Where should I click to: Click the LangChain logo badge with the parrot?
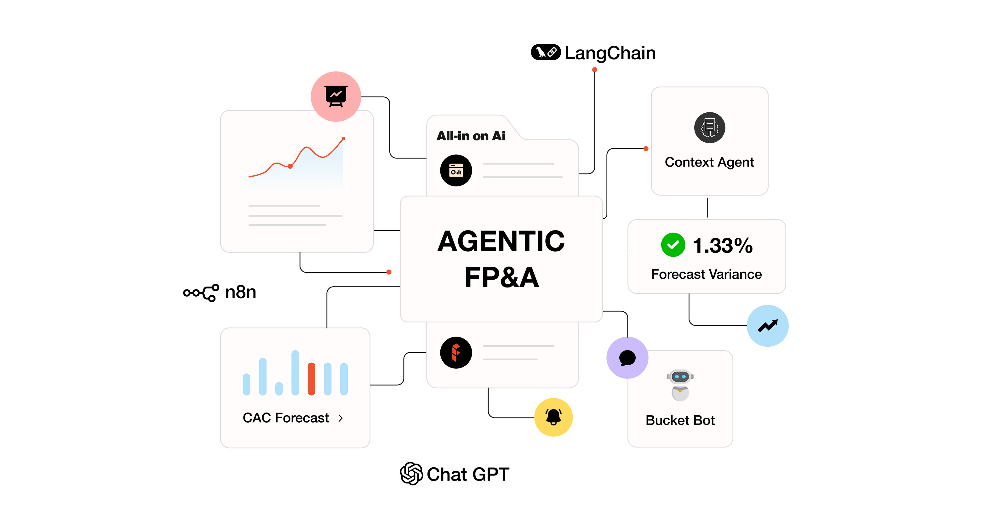pos(546,52)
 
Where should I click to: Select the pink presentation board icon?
pos(336,96)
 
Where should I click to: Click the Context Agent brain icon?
pos(709,128)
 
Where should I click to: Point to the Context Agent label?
pos(709,162)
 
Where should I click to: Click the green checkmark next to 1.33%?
pos(673,245)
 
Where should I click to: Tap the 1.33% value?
pos(722,246)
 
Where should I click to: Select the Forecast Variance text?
pos(706,274)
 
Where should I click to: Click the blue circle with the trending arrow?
pos(767,326)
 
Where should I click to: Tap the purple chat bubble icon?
pos(627,358)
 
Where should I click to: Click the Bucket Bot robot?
pos(680,385)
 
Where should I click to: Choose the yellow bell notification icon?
pos(553,417)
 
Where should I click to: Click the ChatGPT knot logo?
pos(411,474)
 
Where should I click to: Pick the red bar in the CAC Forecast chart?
pos(312,379)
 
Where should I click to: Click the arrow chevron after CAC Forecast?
pos(341,418)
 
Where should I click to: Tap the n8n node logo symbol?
pos(201,293)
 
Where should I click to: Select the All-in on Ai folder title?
pos(471,136)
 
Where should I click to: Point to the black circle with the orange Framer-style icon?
pos(456,353)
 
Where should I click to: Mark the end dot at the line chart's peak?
pos(344,139)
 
